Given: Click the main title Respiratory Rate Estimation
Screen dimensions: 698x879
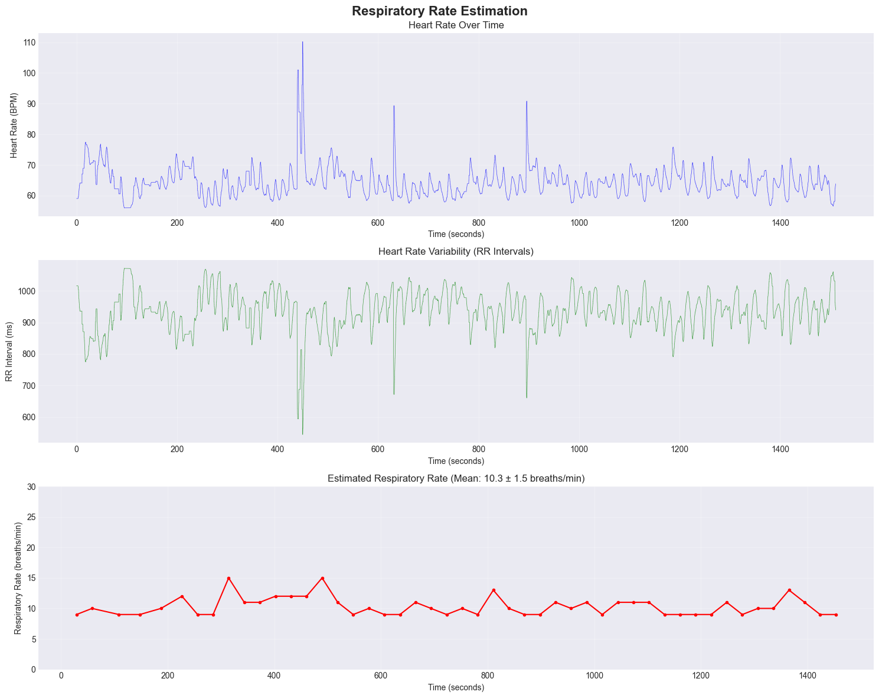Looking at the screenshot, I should (x=439, y=11).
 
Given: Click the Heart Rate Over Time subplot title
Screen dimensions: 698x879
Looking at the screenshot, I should (x=456, y=25).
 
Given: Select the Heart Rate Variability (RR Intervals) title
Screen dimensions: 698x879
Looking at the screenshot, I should (x=456, y=252).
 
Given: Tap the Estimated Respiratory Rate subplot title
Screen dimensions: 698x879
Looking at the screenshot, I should (x=456, y=478).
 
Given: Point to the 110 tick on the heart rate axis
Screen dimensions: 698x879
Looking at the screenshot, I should (x=30, y=43).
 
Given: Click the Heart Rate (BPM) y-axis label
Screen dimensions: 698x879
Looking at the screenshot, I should (x=15, y=125).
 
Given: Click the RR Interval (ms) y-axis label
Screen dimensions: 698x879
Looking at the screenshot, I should (x=10, y=351).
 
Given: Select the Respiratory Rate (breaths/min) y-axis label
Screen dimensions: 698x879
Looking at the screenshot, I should (x=19, y=578).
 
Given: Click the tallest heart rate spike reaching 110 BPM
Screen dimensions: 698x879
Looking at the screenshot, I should (x=302, y=42).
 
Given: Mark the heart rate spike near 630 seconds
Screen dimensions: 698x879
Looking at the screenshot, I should (x=394, y=106).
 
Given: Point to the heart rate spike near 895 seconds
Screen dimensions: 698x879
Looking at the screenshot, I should (x=527, y=102).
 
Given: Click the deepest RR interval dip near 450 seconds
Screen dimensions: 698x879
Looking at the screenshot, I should (x=302, y=434).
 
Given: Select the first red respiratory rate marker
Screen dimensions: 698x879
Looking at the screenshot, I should (x=77, y=615).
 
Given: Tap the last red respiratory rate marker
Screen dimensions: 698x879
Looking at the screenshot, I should (x=836, y=615).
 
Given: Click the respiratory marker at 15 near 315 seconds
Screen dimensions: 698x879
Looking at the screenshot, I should (x=228, y=578).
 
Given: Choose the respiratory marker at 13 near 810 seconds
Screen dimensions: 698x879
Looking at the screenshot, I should (x=494, y=590).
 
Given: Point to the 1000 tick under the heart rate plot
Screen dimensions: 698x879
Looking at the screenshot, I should (x=579, y=223).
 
